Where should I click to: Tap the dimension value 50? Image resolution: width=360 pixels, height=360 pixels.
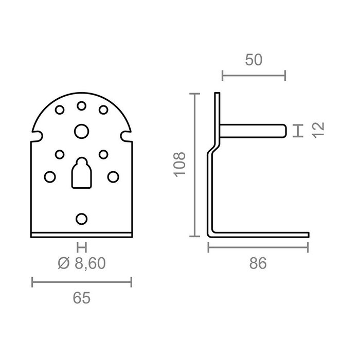pos(254,60)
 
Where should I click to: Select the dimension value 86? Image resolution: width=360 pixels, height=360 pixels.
pos(258,264)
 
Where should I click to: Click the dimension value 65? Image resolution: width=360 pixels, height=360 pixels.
pos(82,297)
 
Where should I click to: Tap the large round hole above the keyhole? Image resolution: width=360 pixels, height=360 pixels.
pos(81,131)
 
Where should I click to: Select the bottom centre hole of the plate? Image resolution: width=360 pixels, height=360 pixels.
pos(81,219)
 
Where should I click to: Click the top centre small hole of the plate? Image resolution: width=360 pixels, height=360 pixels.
pos(81,106)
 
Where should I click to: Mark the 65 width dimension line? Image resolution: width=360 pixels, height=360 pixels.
pos(82,281)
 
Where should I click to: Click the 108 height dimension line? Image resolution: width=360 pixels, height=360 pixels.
pos(194,165)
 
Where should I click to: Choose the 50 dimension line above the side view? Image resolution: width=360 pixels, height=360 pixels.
pos(254,77)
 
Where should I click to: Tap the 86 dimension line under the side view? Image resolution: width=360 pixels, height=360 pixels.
pos(258,248)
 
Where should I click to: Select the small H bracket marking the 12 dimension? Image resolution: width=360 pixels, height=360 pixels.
pos(297,131)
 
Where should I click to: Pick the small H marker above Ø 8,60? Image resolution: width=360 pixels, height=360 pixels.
pos(81,247)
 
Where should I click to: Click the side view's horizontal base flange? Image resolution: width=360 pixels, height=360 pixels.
pos(262,235)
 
